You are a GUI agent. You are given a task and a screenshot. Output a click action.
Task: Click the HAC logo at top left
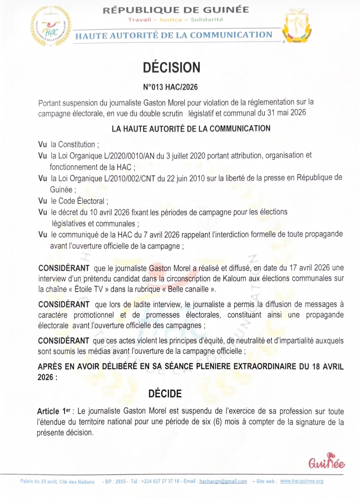pos(51,27)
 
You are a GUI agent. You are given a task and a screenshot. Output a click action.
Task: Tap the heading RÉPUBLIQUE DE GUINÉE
pos(176,10)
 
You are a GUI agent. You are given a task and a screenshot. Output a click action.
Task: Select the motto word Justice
pos(171,20)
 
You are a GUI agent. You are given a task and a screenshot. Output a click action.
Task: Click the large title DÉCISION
pos(171,67)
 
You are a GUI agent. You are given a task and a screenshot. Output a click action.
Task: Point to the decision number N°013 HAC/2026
pos(170,87)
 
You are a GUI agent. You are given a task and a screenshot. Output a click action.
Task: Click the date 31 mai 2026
pos(286,113)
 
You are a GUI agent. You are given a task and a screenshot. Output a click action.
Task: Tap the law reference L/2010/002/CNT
pos(130,179)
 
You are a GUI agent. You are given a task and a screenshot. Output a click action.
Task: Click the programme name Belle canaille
pos(188,289)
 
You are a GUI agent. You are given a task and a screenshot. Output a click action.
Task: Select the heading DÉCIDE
pos(165,394)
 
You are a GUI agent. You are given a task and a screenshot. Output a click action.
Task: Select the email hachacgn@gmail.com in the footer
pos(223,481)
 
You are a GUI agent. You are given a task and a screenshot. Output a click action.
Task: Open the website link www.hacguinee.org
pos(301,481)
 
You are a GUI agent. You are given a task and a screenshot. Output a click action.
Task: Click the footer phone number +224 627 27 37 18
pos(160,481)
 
